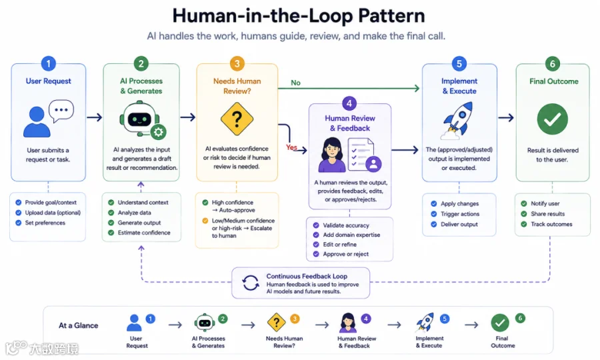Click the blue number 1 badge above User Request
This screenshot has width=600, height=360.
pos(48,63)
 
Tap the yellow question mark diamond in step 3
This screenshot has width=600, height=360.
pos(237,119)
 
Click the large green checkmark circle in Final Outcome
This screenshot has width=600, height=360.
pos(552,119)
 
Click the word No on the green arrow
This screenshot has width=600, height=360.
pos(295,83)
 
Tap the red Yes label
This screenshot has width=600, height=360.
pos(291,147)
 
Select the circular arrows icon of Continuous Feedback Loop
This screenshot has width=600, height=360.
pos(250,283)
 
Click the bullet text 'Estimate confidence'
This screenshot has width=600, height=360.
pos(144,233)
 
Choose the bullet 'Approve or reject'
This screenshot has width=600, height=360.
pos(345,254)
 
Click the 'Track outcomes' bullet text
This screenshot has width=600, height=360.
pos(551,224)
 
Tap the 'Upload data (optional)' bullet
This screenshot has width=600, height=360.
pos(53,213)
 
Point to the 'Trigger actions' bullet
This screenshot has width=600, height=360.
pos(460,214)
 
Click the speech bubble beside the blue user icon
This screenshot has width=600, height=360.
pos(61,111)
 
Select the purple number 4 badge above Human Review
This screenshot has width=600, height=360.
pos(349,103)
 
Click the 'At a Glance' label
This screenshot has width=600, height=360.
pos(79,325)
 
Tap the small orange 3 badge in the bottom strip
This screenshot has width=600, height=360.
pos(294,319)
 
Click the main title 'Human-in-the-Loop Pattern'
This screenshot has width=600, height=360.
pos(299,16)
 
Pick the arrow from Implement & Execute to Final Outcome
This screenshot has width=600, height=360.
pos(506,117)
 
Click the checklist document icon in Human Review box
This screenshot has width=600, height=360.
pos(361,154)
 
